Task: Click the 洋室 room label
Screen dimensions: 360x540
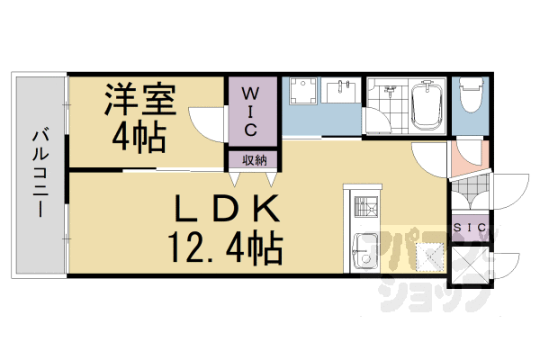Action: coord(137,98)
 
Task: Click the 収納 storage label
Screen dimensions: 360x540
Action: coord(253,159)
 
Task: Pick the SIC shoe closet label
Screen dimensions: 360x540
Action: coord(469,229)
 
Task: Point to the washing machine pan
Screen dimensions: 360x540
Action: coord(304,94)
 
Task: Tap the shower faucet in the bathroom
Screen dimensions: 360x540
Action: coord(390,89)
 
